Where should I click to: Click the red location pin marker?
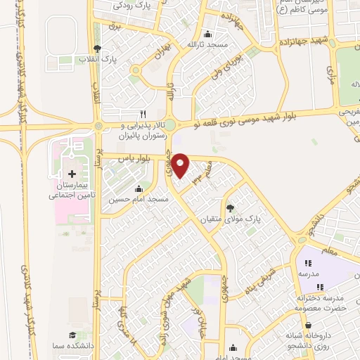click(181, 165)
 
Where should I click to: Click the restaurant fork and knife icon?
click(143, 113)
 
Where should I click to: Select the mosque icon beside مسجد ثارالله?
click(207, 35)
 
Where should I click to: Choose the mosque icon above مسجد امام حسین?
click(139, 188)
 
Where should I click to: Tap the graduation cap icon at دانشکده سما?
click(71, 336)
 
